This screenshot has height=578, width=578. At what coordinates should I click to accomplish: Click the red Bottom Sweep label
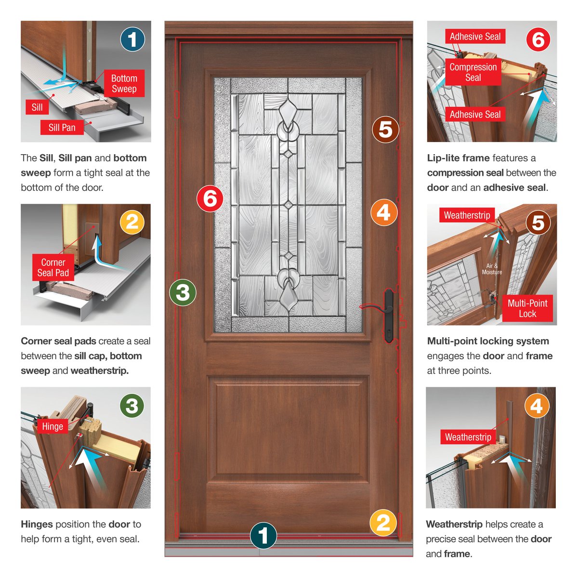124,84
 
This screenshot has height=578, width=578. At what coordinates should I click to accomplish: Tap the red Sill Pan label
62,128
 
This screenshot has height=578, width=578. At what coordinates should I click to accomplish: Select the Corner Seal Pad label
53,268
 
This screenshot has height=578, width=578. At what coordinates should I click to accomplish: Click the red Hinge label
53,427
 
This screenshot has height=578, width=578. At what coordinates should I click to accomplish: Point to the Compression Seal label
473,72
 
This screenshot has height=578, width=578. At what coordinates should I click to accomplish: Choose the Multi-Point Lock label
527,308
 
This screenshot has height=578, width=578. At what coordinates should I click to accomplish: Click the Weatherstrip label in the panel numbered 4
468,437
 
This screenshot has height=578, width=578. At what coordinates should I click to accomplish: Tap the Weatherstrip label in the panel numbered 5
467,215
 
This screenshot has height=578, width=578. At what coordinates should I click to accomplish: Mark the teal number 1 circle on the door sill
263,536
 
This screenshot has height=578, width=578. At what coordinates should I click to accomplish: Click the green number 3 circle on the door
183,292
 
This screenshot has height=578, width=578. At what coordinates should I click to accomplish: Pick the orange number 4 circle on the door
384,212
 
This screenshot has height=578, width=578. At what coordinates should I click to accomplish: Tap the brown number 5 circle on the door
385,130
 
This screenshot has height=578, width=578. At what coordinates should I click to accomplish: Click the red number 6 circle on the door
210,198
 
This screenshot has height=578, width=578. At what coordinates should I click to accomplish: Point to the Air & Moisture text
492,269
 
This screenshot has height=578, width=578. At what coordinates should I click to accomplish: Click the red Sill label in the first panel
37,107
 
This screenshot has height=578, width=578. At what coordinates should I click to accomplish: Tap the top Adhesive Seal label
475,37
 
